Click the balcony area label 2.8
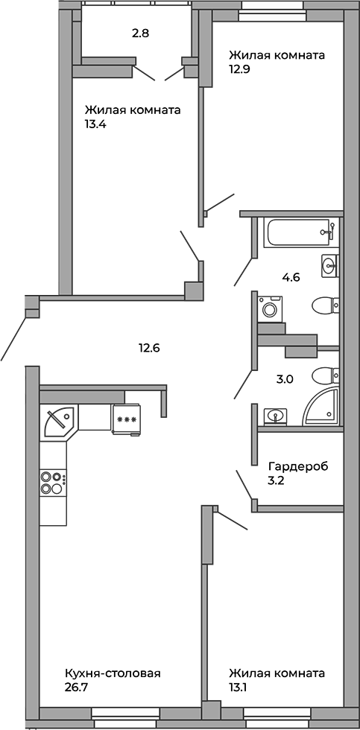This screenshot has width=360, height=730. [140, 34]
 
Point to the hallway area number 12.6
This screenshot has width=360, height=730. [149, 347]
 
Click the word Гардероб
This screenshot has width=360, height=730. [299, 466]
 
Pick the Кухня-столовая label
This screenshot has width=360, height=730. [113, 673]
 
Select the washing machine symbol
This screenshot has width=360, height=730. [270, 308]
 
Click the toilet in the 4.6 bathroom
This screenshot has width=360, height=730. [325, 306]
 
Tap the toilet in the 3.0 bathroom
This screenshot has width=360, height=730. [325, 375]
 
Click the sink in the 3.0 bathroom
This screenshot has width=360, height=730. [275, 416]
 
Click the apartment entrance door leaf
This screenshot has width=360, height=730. [13, 338]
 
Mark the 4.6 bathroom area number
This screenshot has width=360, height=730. [291, 279]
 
